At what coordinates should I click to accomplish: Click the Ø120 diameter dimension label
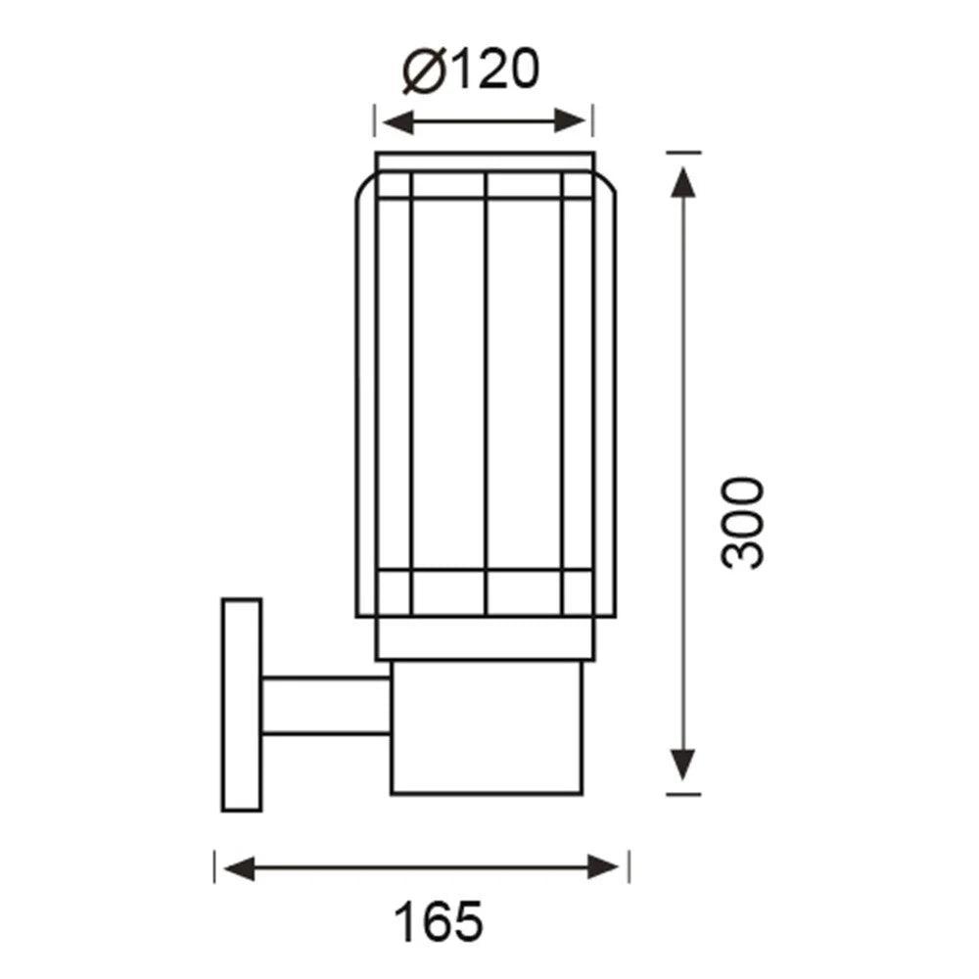pyautogui.click(x=471, y=70)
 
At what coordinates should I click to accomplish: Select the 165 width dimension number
pyautogui.click(x=439, y=921)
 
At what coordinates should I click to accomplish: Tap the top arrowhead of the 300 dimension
pyautogui.click(x=682, y=176)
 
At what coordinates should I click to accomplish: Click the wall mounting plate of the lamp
pyautogui.click(x=241, y=705)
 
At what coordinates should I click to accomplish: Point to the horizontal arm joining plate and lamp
pyautogui.click(x=326, y=705)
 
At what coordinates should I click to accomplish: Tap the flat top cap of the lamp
pyautogui.click(x=486, y=163)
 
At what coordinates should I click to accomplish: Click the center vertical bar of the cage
pyautogui.click(x=487, y=392)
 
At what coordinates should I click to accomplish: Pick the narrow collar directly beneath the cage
pyautogui.click(x=486, y=638)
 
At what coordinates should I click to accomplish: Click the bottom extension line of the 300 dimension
pyautogui.click(x=682, y=793)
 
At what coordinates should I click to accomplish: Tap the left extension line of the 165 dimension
pyautogui.click(x=214, y=866)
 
